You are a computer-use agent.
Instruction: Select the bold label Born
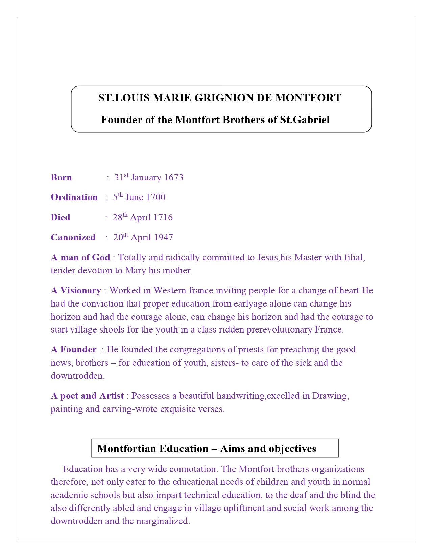[61, 178]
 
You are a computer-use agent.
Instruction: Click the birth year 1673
[173, 178]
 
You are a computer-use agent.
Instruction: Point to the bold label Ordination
[74, 197]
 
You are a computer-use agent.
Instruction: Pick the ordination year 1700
[155, 197]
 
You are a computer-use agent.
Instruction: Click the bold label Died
[61, 217]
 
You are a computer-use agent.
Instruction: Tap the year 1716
[163, 217]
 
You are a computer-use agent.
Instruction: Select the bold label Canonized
[73, 238]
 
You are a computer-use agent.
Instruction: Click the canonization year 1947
[163, 238]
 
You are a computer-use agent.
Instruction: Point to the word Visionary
[80, 291]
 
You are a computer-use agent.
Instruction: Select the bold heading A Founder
[73, 350]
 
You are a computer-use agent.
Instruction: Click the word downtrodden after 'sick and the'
[77, 376]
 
